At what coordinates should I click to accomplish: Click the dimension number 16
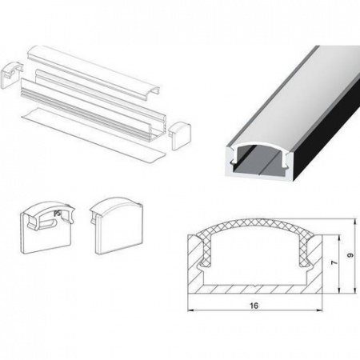[254, 306]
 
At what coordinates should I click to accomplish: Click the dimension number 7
[334, 262]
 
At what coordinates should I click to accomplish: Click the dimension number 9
[350, 255]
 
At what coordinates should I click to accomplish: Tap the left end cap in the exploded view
[11, 75]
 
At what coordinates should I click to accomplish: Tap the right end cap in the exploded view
[181, 135]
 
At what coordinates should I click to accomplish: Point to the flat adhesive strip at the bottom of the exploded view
[94, 135]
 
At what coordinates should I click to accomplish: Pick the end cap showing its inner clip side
[46, 227]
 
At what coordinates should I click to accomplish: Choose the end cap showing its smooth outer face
[117, 226]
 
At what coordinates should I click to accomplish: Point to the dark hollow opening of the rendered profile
[258, 160]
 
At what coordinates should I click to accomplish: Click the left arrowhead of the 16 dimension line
[190, 310]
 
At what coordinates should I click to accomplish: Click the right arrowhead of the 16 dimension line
[319, 310]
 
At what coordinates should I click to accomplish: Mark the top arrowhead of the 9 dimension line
[355, 222]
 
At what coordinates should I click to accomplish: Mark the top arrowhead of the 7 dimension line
[339, 238]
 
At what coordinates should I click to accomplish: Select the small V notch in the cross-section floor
[255, 286]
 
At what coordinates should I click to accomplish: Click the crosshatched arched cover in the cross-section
[255, 222]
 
